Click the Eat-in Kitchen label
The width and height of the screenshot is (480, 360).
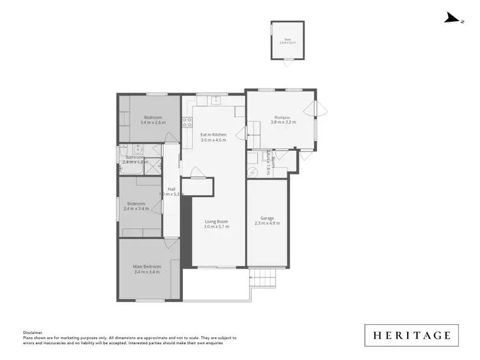pyautogui.click(x=213, y=134)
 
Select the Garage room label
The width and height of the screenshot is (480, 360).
pyautogui.click(x=267, y=218)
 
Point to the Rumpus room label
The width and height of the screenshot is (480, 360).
pyautogui.click(x=283, y=118)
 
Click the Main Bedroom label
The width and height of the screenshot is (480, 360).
pyautogui.click(x=147, y=266)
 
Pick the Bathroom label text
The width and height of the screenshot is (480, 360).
pyautogui.click(x=135, y=157)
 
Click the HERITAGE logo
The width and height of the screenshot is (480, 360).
pyautogui.click(x=412, y=335)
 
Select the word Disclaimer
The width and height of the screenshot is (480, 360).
pyautogui.click(x=32, y=333)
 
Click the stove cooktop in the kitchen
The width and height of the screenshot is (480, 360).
pyautogui.click(x=187, y=122)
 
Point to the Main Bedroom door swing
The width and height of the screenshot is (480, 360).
pyautogui.click(x=172, y=243)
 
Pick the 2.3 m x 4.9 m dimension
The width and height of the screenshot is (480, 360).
pyautogui.click(x=267, y=223)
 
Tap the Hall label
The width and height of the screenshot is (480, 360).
pyautogui.click(x=172, y=189)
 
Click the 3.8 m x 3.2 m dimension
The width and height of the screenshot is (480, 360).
pyautogui.click(x=283, y=122)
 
